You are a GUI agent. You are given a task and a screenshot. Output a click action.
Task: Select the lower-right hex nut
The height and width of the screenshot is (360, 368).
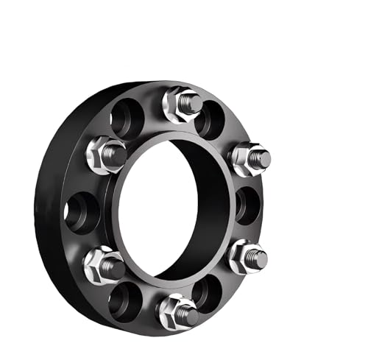click(243, 256)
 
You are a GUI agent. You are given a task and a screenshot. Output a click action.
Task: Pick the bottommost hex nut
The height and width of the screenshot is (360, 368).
click(175, 309)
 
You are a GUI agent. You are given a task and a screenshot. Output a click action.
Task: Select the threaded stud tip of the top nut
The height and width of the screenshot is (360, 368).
click(192, 102)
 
